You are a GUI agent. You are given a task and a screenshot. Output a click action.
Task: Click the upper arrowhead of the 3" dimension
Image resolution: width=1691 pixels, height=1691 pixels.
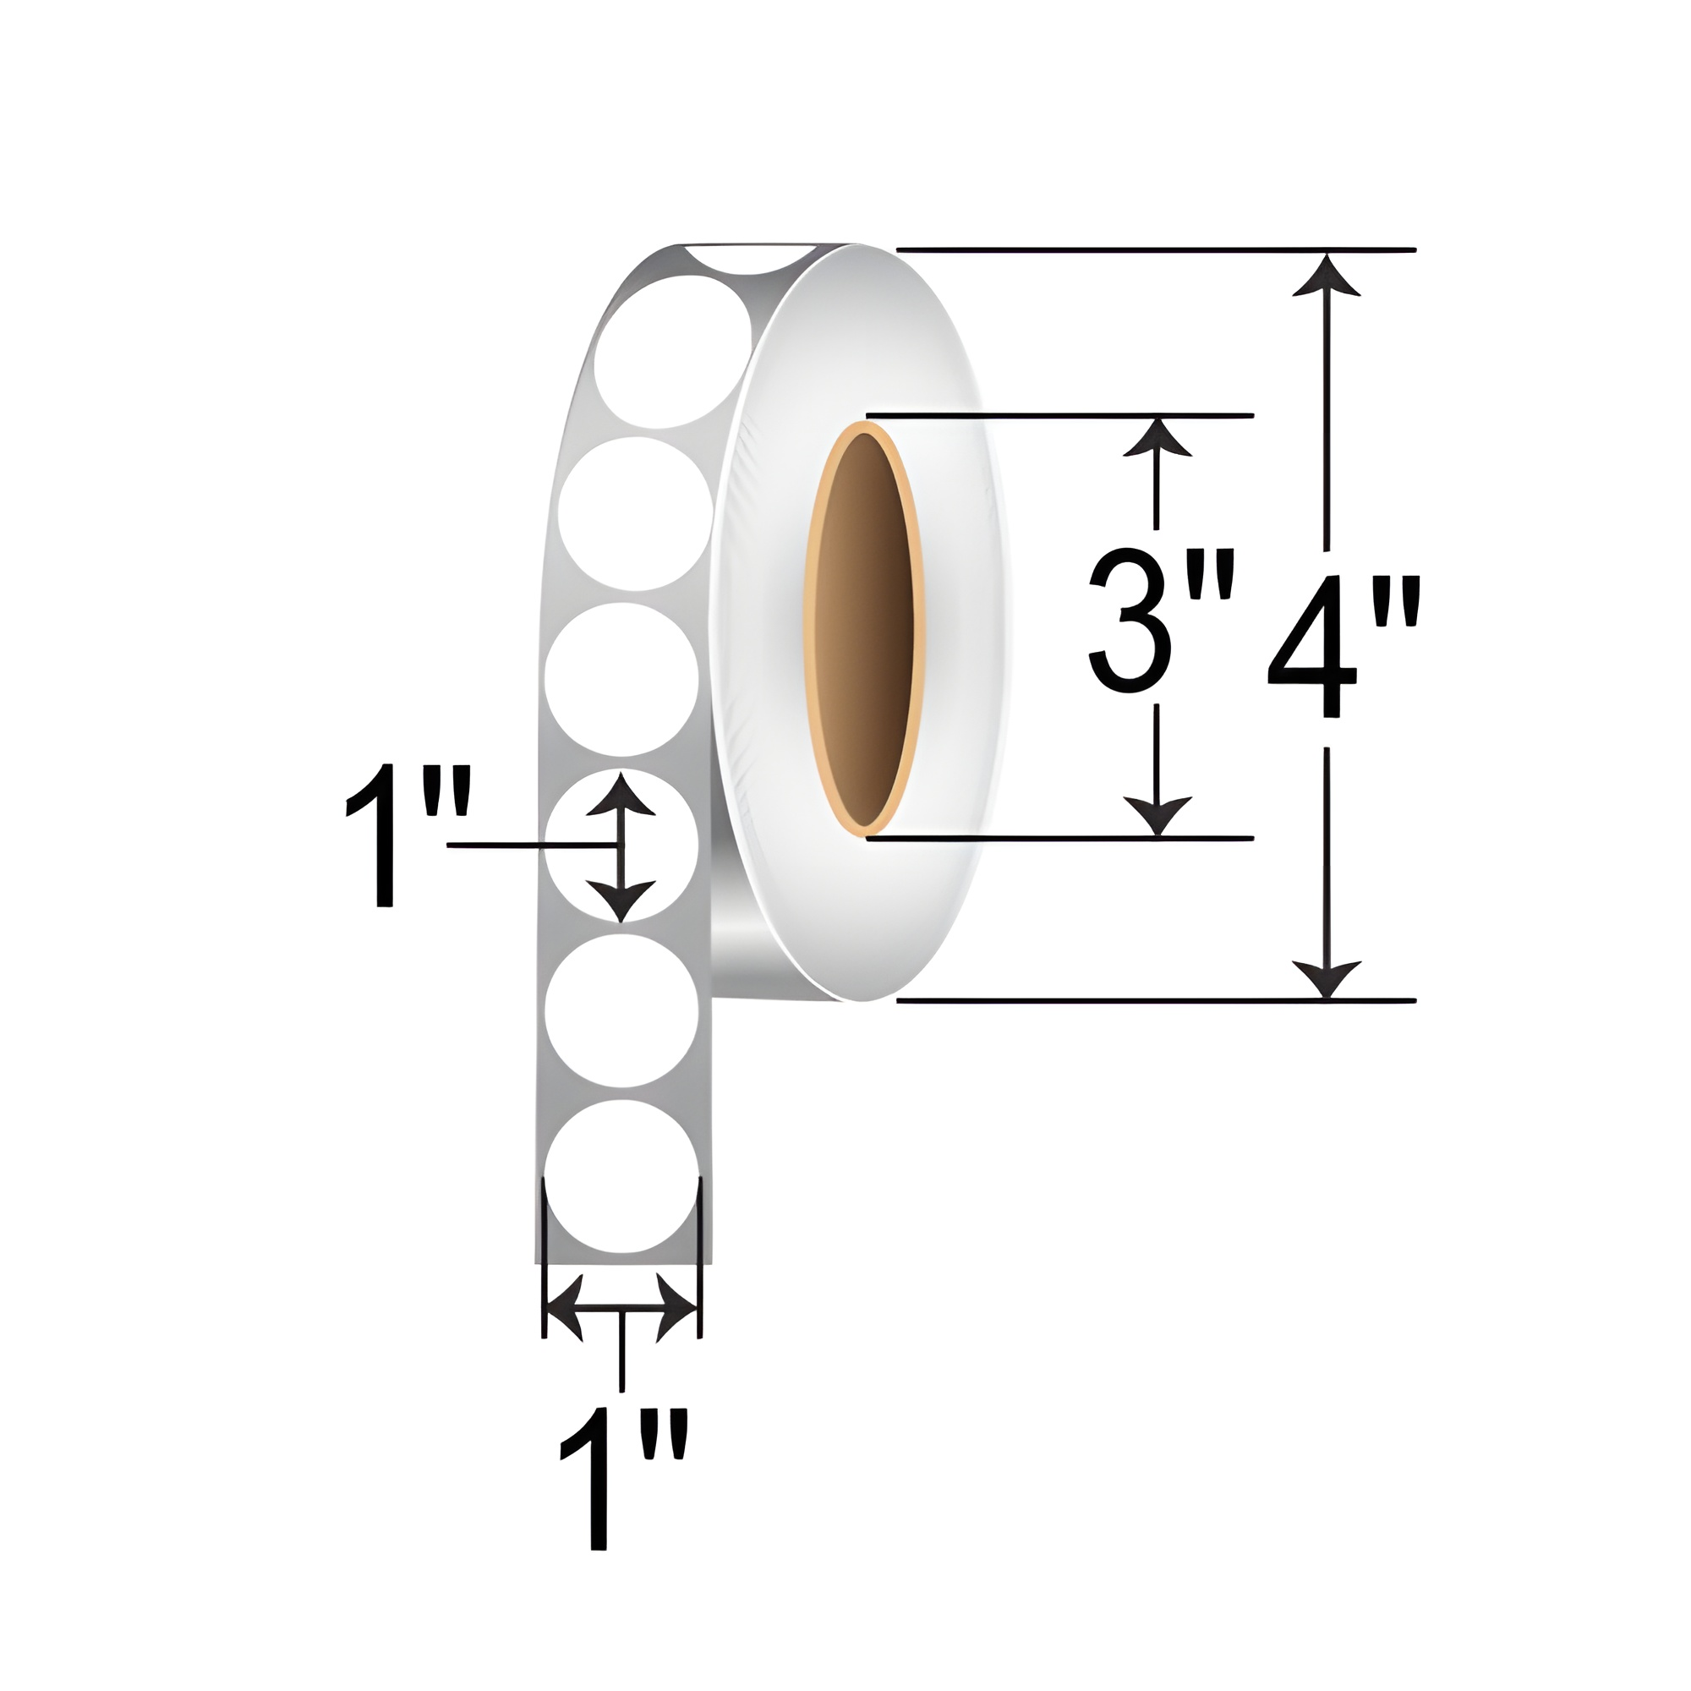pos(1157,438)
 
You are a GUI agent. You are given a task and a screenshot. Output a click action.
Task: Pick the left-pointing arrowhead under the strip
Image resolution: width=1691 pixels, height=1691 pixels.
pos(565,1310)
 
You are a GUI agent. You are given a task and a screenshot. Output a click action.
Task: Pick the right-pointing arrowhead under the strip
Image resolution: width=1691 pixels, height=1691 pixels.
pos(677,1310)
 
